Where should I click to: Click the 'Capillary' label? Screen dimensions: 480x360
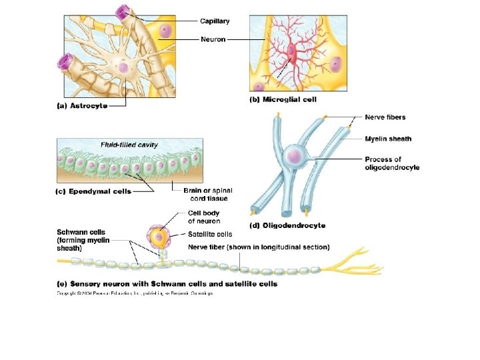[x=215, y=21]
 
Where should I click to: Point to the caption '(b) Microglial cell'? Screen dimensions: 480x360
[x=283, y=99]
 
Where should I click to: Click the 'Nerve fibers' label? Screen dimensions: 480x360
[x=385, y=117]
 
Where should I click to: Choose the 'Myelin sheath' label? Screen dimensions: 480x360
[x=388, y=139]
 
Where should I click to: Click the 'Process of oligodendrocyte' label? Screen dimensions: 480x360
[x=392, y=163]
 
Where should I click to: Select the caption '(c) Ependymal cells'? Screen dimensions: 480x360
[x=93, y=191]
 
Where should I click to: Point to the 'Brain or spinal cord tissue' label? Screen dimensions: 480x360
[x=205, y=194]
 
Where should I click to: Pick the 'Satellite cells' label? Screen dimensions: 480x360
[x=210, y=234]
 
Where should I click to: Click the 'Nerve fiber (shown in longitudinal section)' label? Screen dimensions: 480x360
[x=259, y=247]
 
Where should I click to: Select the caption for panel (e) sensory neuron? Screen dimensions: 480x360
[x=167, y=283]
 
